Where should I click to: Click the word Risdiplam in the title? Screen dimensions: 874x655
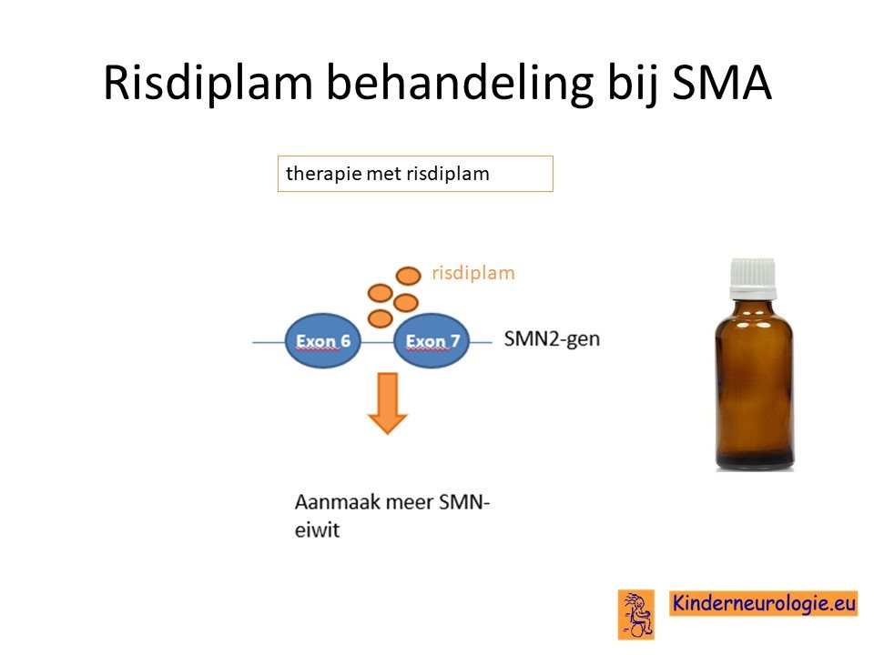pyautogui.click(x=208, y=84)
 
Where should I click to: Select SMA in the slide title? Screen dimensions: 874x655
pyautogui.click(x=721, y=82)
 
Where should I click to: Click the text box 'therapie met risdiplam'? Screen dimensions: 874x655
pyautogui.click(x=415, y=174)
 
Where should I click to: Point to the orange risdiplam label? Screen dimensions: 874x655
pyautogui.click(x=473, y=273)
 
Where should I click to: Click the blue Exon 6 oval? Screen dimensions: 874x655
pyautogui.click(x=322, y=341)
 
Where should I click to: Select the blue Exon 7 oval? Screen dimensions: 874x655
pyautogui.click(x=432, y=341)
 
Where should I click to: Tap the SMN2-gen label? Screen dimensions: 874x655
pyautogui.click(x=552, y=338)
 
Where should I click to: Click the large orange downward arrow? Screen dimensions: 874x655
pyautogui.click(x=388, y=403)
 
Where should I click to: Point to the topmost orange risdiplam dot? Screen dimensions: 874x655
pyautogui.click(x=408, y=276)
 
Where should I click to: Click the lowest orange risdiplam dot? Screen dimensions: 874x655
pyautogui.click(x=381, y=318)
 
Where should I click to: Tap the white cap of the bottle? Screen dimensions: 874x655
pyautogui.click(x=753, y=278)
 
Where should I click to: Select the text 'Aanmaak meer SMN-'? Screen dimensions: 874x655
pyautogui.click(x=391, y=502)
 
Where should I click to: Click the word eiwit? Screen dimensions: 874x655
pyautogui.click(x=317, y=530)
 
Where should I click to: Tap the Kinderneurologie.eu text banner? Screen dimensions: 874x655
pyautogui.click(x=764, y=603)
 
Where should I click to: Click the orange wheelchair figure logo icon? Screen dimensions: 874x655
pyautogui.click(x=636, y=614)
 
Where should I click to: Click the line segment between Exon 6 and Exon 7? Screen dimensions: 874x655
pyautogui.click(x=377, y=342)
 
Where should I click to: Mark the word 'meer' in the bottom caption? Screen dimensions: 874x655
pyautogui.click(x=409, y=502)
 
